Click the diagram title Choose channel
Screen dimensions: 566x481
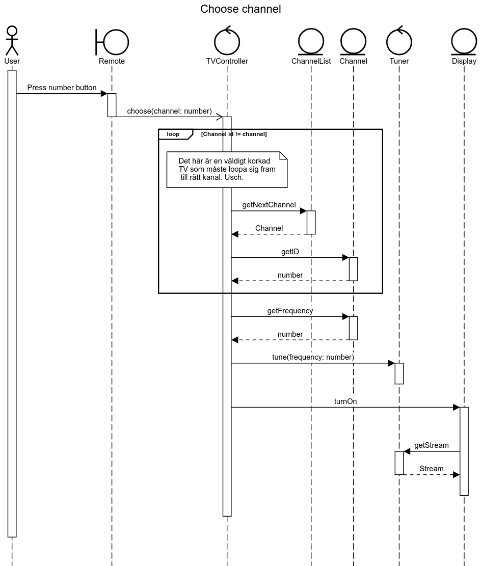[240, 9]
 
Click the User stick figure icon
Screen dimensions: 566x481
[12, 40]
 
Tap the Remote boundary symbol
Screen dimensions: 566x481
[112, 41]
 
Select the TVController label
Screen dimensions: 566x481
[227, 61]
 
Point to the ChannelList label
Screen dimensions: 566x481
[311, 61]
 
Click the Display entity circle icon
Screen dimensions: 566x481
[464, 41]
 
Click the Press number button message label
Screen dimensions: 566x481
[62, 88]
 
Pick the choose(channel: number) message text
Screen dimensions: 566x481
[169, 111]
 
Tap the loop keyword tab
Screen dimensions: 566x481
[174, 134]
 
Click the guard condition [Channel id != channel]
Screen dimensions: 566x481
[234, 134]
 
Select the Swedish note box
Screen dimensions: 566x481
[227, 169]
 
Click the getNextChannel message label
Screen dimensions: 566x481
[269, 205]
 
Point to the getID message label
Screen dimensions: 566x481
[290, 252]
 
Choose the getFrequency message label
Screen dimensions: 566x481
[290, 310]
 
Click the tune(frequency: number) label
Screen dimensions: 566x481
[313, 357]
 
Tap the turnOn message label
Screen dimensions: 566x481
[345, 401]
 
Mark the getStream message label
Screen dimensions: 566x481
[432, 445]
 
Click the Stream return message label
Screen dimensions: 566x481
[432, 469]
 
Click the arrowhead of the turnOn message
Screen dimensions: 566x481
[457, 407]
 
